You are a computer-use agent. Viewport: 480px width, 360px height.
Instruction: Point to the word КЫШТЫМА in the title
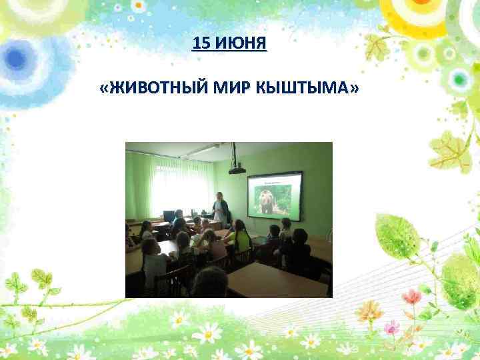coord(303,89)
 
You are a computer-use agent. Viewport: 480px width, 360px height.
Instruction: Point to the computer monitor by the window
coord(169,216)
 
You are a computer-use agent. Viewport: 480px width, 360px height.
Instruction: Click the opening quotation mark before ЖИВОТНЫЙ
coord(101,89)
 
